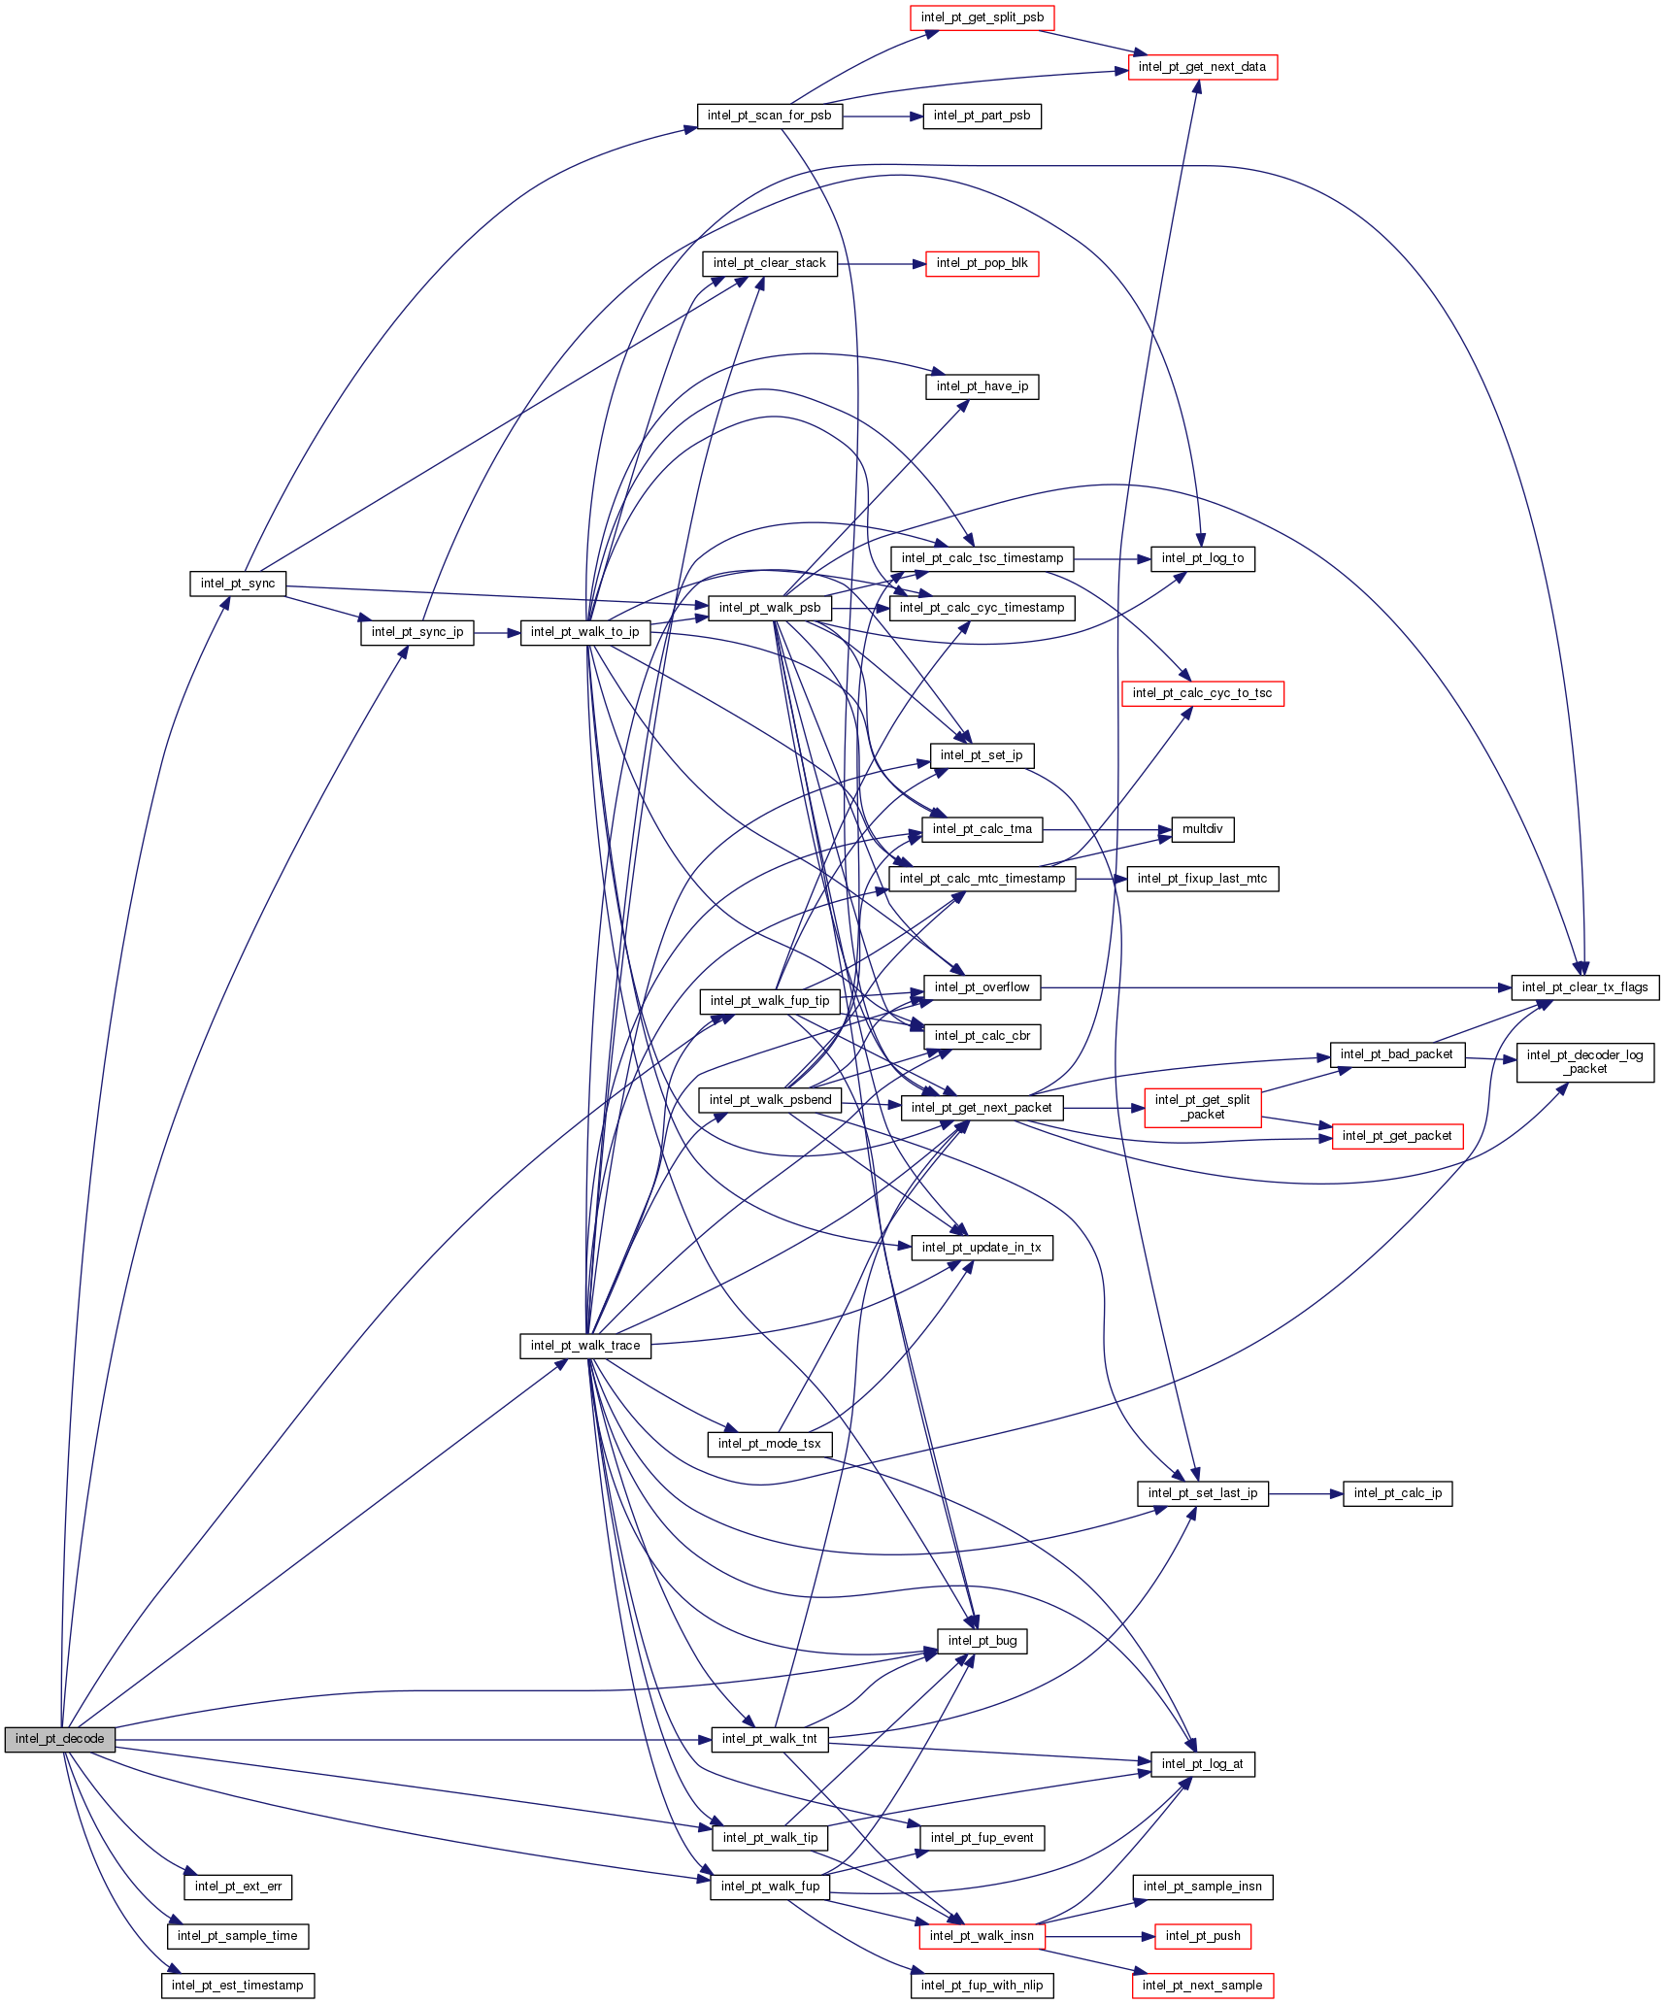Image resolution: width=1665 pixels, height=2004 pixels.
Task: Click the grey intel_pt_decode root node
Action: coord(59,1739)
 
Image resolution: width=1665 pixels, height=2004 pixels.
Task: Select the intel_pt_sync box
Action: coord(238,584)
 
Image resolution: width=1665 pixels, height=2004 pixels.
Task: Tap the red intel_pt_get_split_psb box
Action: coord(982,17)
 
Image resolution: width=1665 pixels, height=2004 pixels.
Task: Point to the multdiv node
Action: coord(1202,829)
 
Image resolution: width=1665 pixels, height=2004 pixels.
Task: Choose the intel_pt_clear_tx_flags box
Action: coord(1584,987)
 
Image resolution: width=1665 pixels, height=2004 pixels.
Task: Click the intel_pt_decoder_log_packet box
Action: coord(1584,1062)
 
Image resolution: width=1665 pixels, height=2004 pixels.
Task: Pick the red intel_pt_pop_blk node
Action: coord(982,263)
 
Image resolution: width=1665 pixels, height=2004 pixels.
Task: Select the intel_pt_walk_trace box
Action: coord(584,1346)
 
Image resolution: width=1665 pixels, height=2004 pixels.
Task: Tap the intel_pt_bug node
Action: coord(982,1641)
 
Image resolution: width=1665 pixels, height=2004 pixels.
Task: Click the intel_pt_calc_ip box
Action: coord(1397,1493)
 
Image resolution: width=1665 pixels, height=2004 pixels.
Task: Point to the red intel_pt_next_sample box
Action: coord(1202,1986)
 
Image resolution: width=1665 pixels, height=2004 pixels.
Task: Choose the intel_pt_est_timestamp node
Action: coord(238,1986)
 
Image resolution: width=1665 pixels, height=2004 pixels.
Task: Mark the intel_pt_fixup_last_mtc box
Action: coord(1202,879)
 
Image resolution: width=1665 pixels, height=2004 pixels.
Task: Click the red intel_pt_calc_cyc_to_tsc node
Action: coord(1202,693)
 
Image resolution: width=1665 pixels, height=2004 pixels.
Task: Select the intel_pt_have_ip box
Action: coord(982,386)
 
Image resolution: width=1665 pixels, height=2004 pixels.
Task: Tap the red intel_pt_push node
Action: coord(1202,1936)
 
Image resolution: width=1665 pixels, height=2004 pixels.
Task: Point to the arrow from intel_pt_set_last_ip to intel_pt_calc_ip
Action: coord(1305,1493)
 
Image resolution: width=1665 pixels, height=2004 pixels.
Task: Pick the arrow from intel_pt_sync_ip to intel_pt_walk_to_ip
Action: coord(497,633)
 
